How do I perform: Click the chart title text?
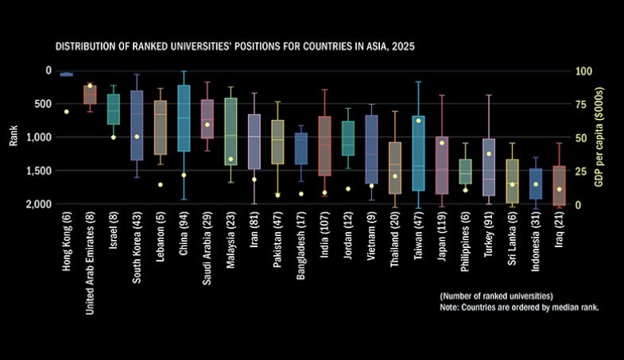coord(234,48)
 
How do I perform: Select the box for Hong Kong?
coord(66,74)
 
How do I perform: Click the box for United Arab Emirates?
coord(90,95)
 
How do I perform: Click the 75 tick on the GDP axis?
coord(584,104)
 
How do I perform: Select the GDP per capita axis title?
coord(607,137)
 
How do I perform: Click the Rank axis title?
coord(13,137)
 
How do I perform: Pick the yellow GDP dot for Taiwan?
coord(418,120)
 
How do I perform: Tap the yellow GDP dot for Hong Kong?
coord(66,111)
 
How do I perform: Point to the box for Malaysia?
coord(231,131)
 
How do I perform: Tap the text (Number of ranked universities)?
coord(490,296)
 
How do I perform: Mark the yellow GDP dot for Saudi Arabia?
coord(207,125)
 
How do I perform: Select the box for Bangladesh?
coord(301,148)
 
